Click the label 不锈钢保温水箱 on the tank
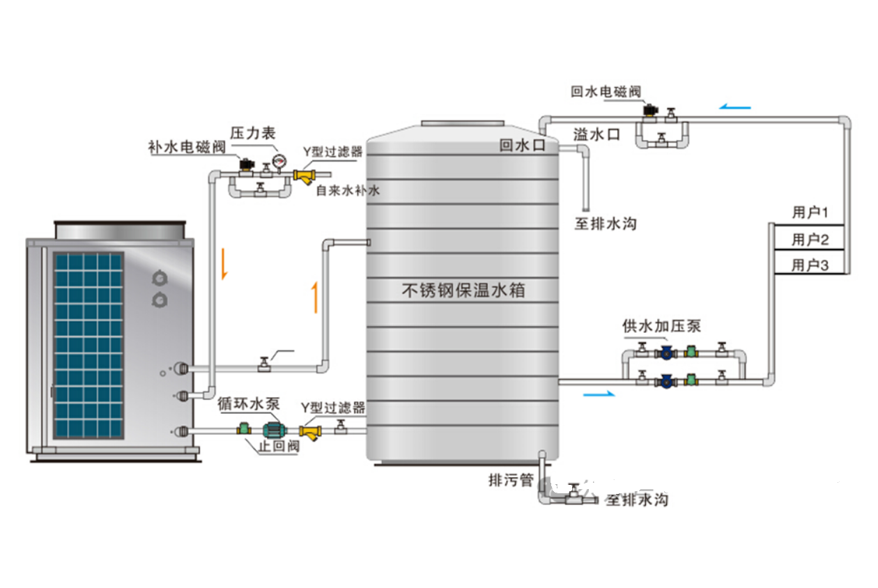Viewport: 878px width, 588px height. tap(463, 290)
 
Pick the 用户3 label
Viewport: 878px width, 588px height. tap(809, 265)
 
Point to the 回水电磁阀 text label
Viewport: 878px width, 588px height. tap(606, 91)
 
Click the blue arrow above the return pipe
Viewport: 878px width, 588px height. tap(736, 107)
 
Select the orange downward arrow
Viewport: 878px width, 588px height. tap(224, 264)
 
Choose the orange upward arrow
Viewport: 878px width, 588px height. tap(316, 296)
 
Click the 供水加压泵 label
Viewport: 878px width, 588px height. tap(661, 326)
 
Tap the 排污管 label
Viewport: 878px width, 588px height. tap(511, 480)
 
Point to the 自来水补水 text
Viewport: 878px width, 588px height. tap(348, 189)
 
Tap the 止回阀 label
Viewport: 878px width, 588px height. tap(278, 447)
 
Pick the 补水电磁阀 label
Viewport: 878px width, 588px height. tap(186, 147)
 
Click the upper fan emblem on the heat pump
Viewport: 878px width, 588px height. tap(160, 278)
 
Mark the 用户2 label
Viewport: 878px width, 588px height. tap(809, 240)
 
